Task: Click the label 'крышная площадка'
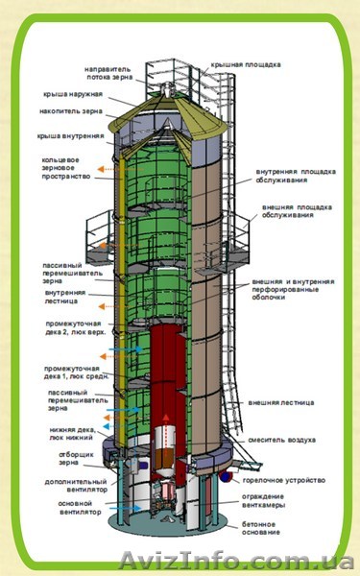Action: point(246,64)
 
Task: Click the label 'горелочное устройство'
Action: point(294,480)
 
